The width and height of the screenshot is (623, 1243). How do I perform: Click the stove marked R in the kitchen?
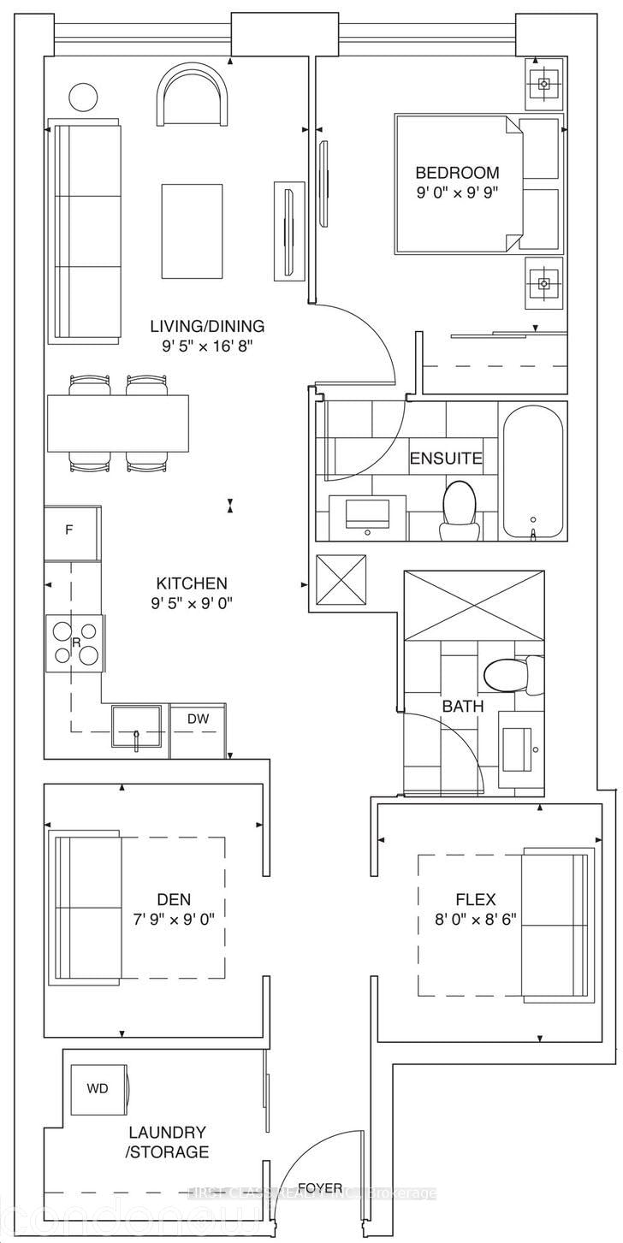[x=74, y=642]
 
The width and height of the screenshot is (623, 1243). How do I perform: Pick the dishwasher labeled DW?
[x=198, y=719]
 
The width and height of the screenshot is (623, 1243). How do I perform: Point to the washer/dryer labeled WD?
[x=98, y=1089]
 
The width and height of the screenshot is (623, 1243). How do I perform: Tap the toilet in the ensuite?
[x=458, y=511]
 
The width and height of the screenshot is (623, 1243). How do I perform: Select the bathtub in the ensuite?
[x=532, y=473]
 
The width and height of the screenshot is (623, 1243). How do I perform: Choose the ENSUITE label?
[x=445, y=459]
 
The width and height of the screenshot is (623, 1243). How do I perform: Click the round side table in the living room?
[x=83, y=96]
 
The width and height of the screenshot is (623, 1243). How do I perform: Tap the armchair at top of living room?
[x=193, y=98]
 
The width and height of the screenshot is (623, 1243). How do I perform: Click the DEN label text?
[x=174, y=899]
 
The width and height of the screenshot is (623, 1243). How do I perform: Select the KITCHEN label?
[x=191, y=583]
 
